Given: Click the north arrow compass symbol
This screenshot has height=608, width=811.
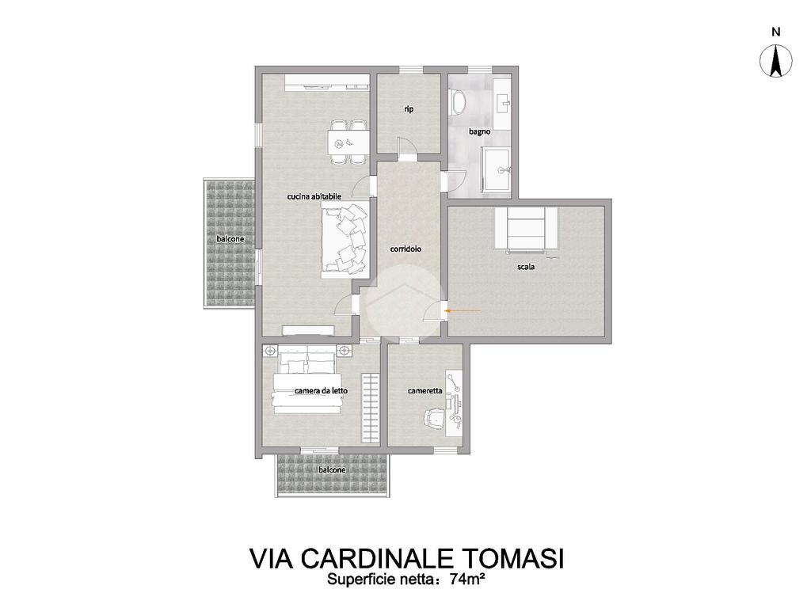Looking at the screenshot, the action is click(x=776, y=61).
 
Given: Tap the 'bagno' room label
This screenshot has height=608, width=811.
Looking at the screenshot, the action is click(x=479, y=132).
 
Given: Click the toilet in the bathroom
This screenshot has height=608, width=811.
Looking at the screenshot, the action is click(x=457, y=102).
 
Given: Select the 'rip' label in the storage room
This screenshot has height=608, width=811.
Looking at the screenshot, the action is click(x=409, y=109).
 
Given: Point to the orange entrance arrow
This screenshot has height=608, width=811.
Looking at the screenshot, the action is click(x=463, y=310).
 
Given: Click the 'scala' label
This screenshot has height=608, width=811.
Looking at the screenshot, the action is click(x=526, y=268).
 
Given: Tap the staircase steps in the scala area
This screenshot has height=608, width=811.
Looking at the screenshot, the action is click(x=526, y=228).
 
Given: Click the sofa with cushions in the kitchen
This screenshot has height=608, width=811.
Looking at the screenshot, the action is click(x=345, y=239).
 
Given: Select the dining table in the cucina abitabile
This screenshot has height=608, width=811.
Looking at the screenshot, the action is click(x=348, y=142).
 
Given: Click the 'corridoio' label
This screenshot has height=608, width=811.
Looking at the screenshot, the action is click(x=405, y=249).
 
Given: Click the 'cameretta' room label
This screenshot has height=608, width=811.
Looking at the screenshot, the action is click(x=425, y=391).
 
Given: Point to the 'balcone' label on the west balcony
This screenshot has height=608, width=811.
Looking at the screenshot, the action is click(x=230, y=239).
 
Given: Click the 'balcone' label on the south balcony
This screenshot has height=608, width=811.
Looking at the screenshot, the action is click(x=332, y=470).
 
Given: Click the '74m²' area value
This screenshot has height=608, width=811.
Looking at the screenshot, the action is click(x=467, y=579).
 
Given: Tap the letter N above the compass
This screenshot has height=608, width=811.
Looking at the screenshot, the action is click(x=776, y=32).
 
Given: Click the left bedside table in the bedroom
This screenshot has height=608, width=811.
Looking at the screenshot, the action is click(x=269, y=351).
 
